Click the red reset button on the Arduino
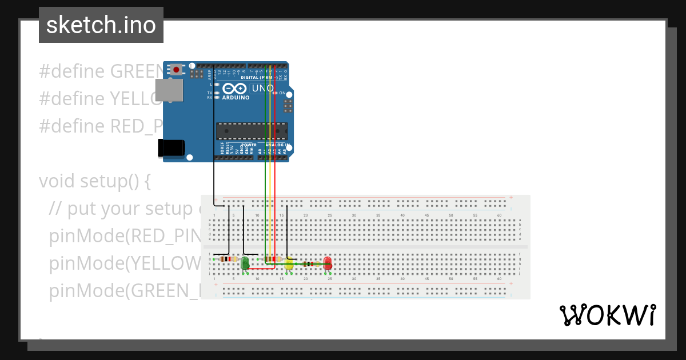pos(176,70)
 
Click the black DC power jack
pos(171,147)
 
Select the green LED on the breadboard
pos(245,263)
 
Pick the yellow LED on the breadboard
pos(289,263)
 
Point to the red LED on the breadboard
pos(328,263)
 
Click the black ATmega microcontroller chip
pos(252,131)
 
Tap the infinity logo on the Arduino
pos(235,89)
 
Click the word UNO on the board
pos(262,88)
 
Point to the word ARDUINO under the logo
pos(236,98)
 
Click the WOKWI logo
pos(607,315)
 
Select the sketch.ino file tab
pos(101,25)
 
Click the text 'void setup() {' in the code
pos(95,181)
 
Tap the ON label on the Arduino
pos(282,93)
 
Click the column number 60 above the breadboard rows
pos(499,215)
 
